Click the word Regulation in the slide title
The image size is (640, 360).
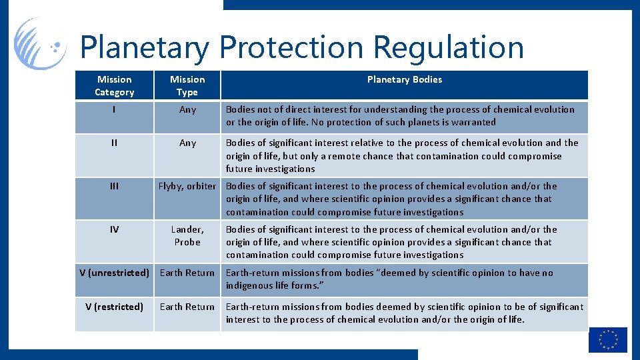click(448, 47)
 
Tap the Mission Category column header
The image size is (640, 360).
click(114, 85)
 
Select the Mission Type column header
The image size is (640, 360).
click(187, 85)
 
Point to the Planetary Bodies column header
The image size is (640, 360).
click(404, 79)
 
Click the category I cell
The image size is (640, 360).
click(114, 109)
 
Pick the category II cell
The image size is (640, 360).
click(114, 143)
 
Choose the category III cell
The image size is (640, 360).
click(114, 186)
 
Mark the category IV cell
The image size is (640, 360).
click(114, 229)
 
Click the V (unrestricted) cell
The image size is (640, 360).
click(114, 273)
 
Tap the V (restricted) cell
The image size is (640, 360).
click(114, 307)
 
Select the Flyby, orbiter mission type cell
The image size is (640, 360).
click(187, 186)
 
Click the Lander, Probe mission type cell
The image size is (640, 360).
click(187, 235)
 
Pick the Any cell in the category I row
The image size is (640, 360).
click(187, 109)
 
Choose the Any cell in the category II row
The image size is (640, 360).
click(187, 143)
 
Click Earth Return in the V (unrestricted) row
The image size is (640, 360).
click(187, 273)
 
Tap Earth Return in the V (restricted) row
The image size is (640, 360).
click(187, 307)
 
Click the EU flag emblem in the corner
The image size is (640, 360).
click(607, 339)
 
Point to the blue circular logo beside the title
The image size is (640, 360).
click(40, 44)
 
